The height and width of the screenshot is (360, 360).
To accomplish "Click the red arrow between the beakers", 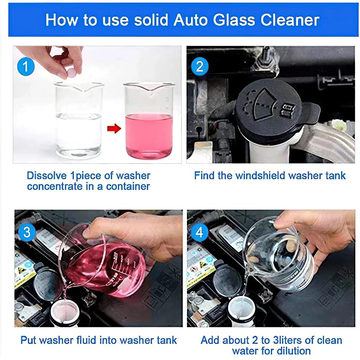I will (x=114, y=128).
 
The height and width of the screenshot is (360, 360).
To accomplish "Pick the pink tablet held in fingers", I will (x=72, y=73).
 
